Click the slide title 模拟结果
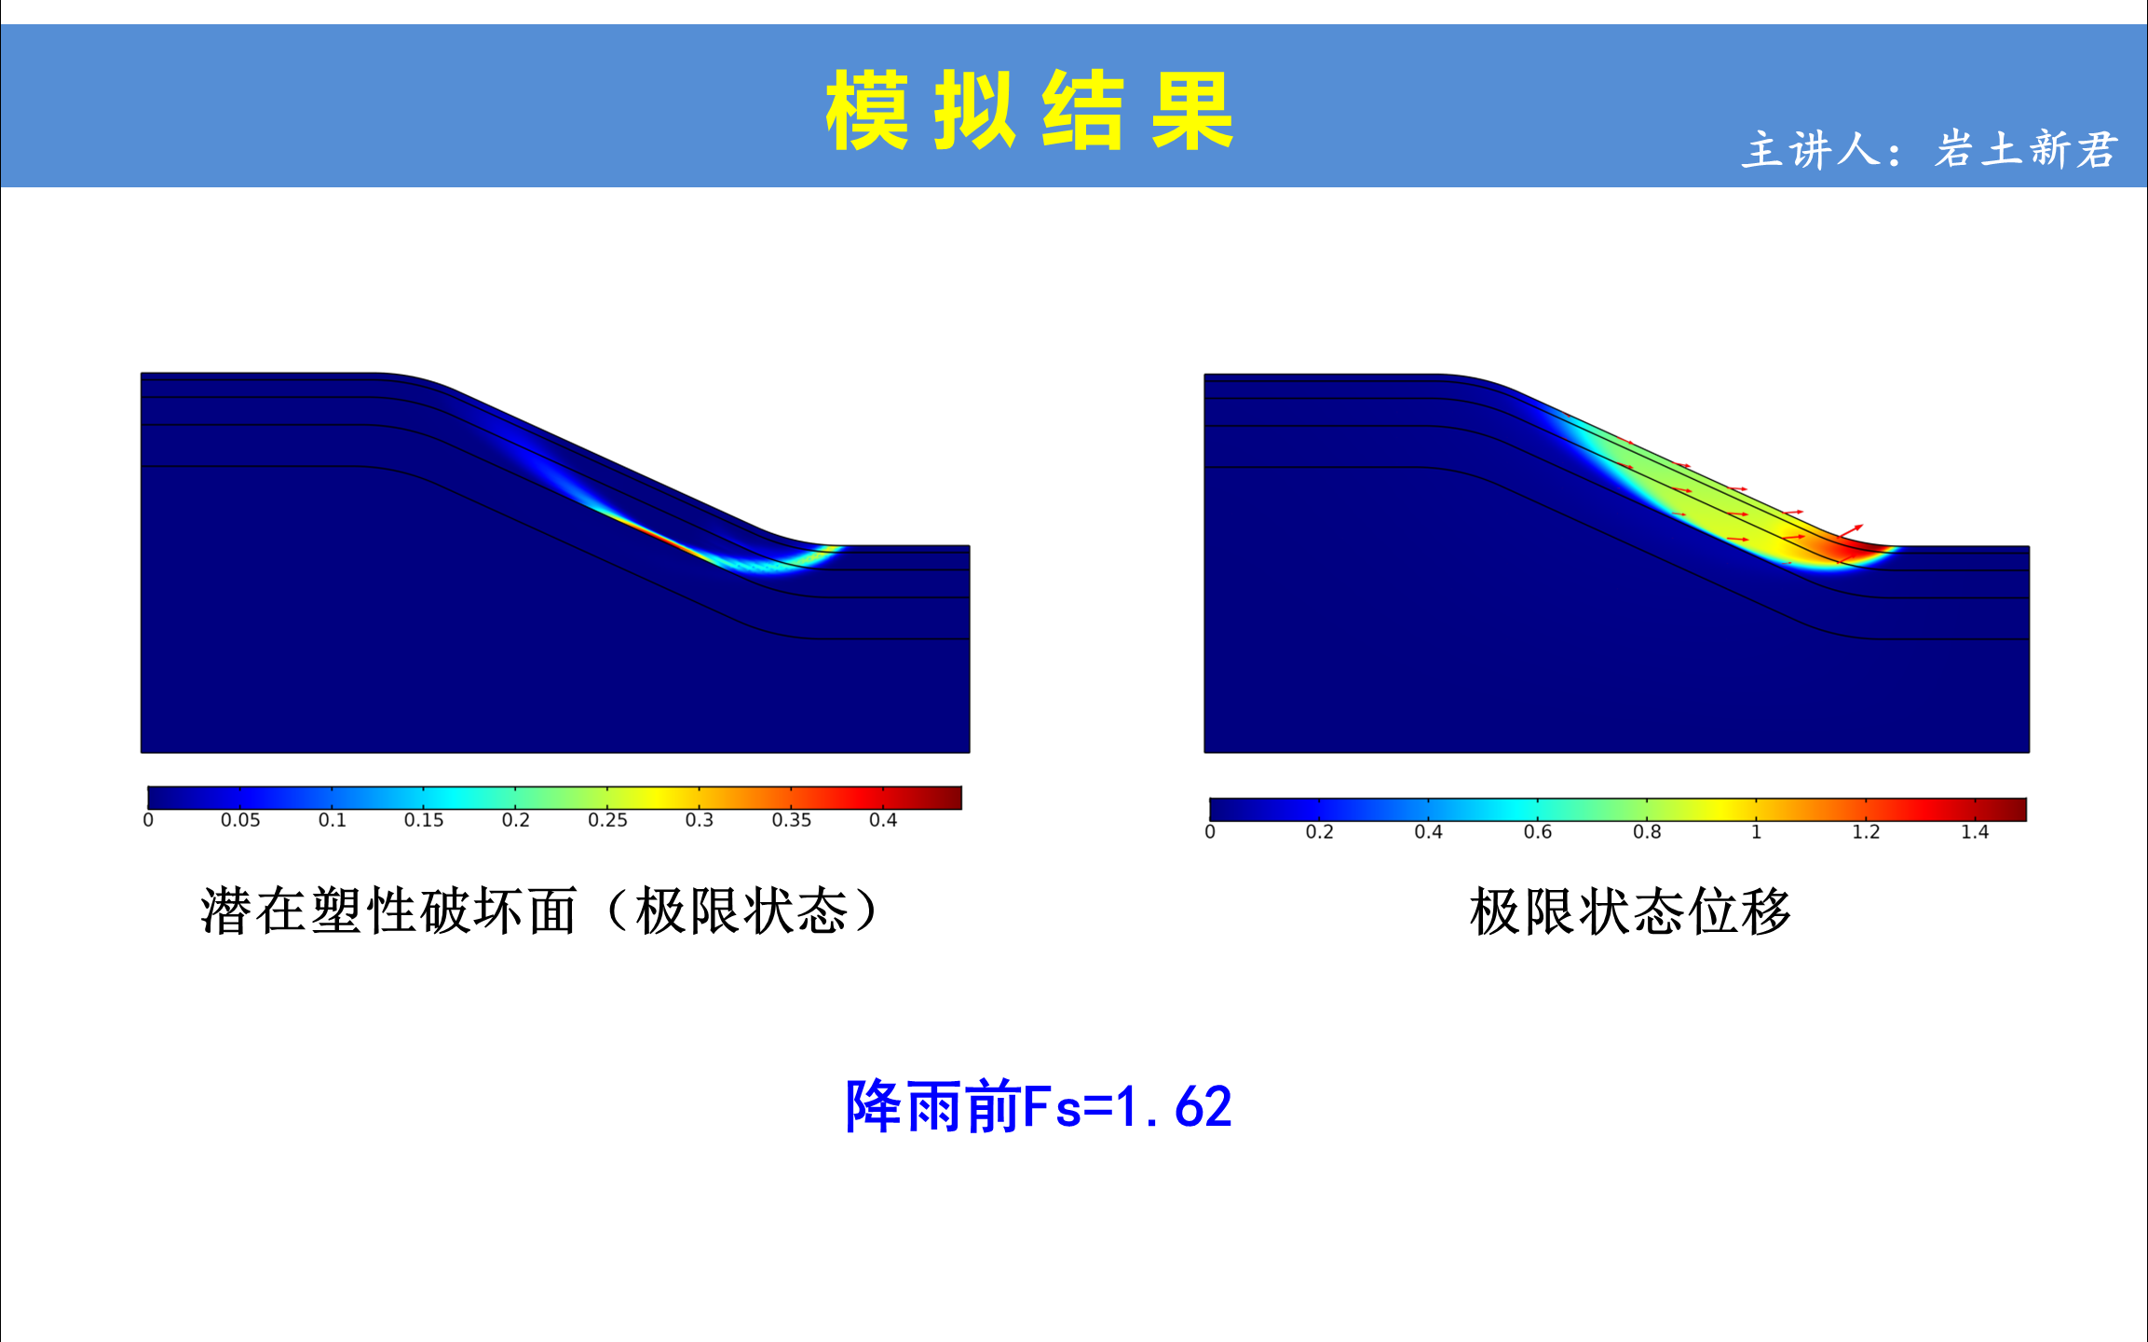(x=1029, y=110)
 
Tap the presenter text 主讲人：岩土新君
(x=1930, y=149)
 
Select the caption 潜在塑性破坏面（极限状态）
(x=539, y=911)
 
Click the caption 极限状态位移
(x=1630, y=911)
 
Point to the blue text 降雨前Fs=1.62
(x=1039, y=1106)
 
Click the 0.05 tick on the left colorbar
(x=240, y=820)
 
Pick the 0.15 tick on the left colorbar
(x=424, y=820)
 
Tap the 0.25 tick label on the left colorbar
(x=607, y=820)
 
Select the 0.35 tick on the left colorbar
(x=791, y=820)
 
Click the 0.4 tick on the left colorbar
(x=883, y=820)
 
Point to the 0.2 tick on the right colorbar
(x=1319, y=832)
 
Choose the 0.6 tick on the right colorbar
(x=1538, y=832)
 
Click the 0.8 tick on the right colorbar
(x=1647, y=832)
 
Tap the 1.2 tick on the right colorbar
(x=1866, y=832)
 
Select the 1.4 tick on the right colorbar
(x=1975, y=832)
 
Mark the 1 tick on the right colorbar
(x=1756, y=832)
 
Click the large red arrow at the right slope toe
(x=1851, y=531)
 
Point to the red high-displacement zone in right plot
(x=1854, y=550)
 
